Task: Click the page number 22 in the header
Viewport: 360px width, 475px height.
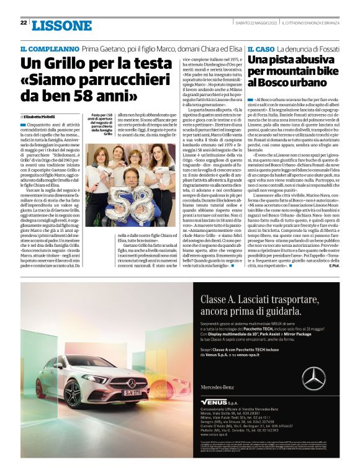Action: point(23,23)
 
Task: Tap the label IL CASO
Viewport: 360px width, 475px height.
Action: point(261,48)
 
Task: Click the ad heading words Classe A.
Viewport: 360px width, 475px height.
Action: point(220,301)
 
